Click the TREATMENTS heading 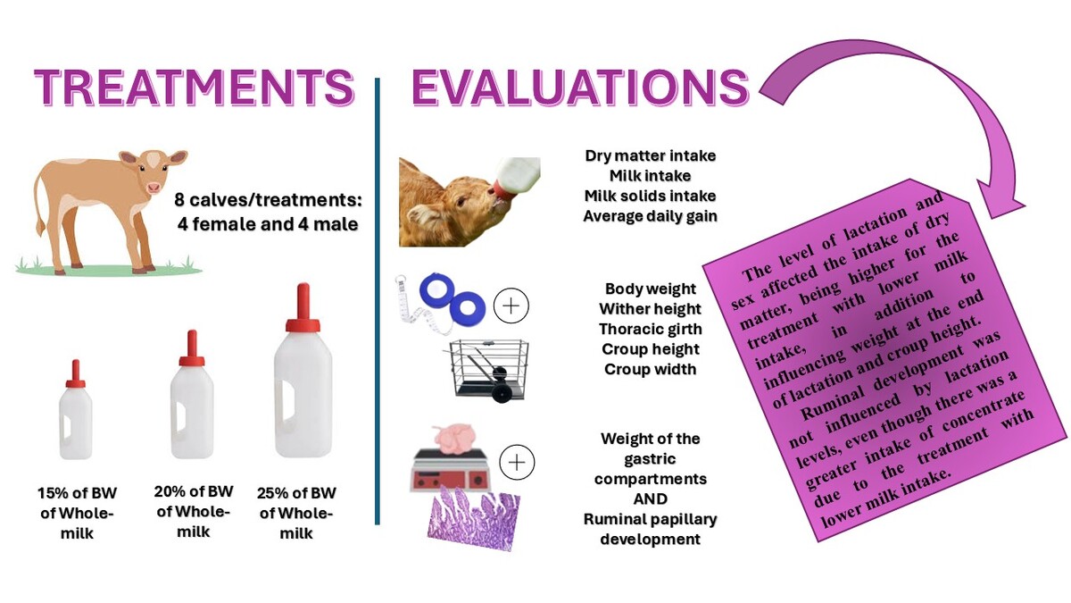tap(195, 88)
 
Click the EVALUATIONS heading tap(580, 88)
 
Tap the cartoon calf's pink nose tap(154, 188)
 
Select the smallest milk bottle tap(76, 410)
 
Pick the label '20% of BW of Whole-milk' tap(194, 512)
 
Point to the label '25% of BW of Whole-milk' tap(296, 513)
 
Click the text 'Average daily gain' tap(651, 216)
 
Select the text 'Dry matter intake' tap(651, 156)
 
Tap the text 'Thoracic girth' tap(651, 330)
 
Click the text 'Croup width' tap(651, 370)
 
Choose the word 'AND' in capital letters tap(651, 499)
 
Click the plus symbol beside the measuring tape tap(511, 306)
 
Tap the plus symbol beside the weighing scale tap(517, 463)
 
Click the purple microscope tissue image tap(472, 518)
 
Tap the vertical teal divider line tap(378, 302)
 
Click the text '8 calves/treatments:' tap(268, 200)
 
